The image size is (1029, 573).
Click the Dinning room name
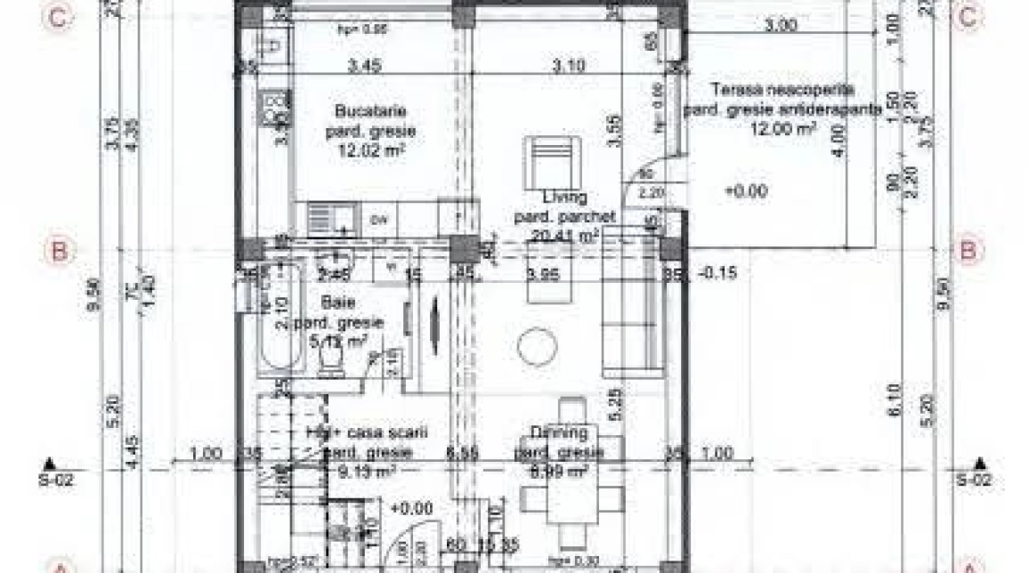[559, 433]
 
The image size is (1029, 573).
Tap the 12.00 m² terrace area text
[784, 128]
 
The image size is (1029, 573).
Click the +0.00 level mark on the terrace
[747, 190]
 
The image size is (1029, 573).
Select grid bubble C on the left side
[59, 19]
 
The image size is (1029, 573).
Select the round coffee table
[537, 347]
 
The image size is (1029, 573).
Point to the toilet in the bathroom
[331, 361]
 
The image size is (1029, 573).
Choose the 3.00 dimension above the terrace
[781, 26]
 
